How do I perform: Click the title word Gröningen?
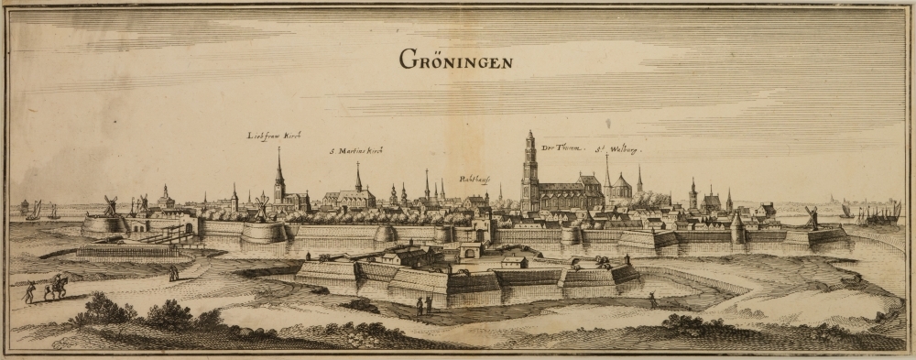coord(456,60)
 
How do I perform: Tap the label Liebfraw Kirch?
coord(274,136)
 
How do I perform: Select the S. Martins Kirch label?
coord(356,149)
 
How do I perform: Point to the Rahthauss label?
coord(474,180)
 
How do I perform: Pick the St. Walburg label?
coord(616,147)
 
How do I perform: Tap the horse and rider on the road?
coord(57,287)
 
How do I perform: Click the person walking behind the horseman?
coord(30,291)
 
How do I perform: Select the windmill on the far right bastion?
coord(811,218)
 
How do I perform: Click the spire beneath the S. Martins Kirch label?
coord(358,179)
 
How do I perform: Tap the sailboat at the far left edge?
coord(33,210)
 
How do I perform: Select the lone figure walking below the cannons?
coord(651,300)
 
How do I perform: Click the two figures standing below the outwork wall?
coord(423,305)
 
